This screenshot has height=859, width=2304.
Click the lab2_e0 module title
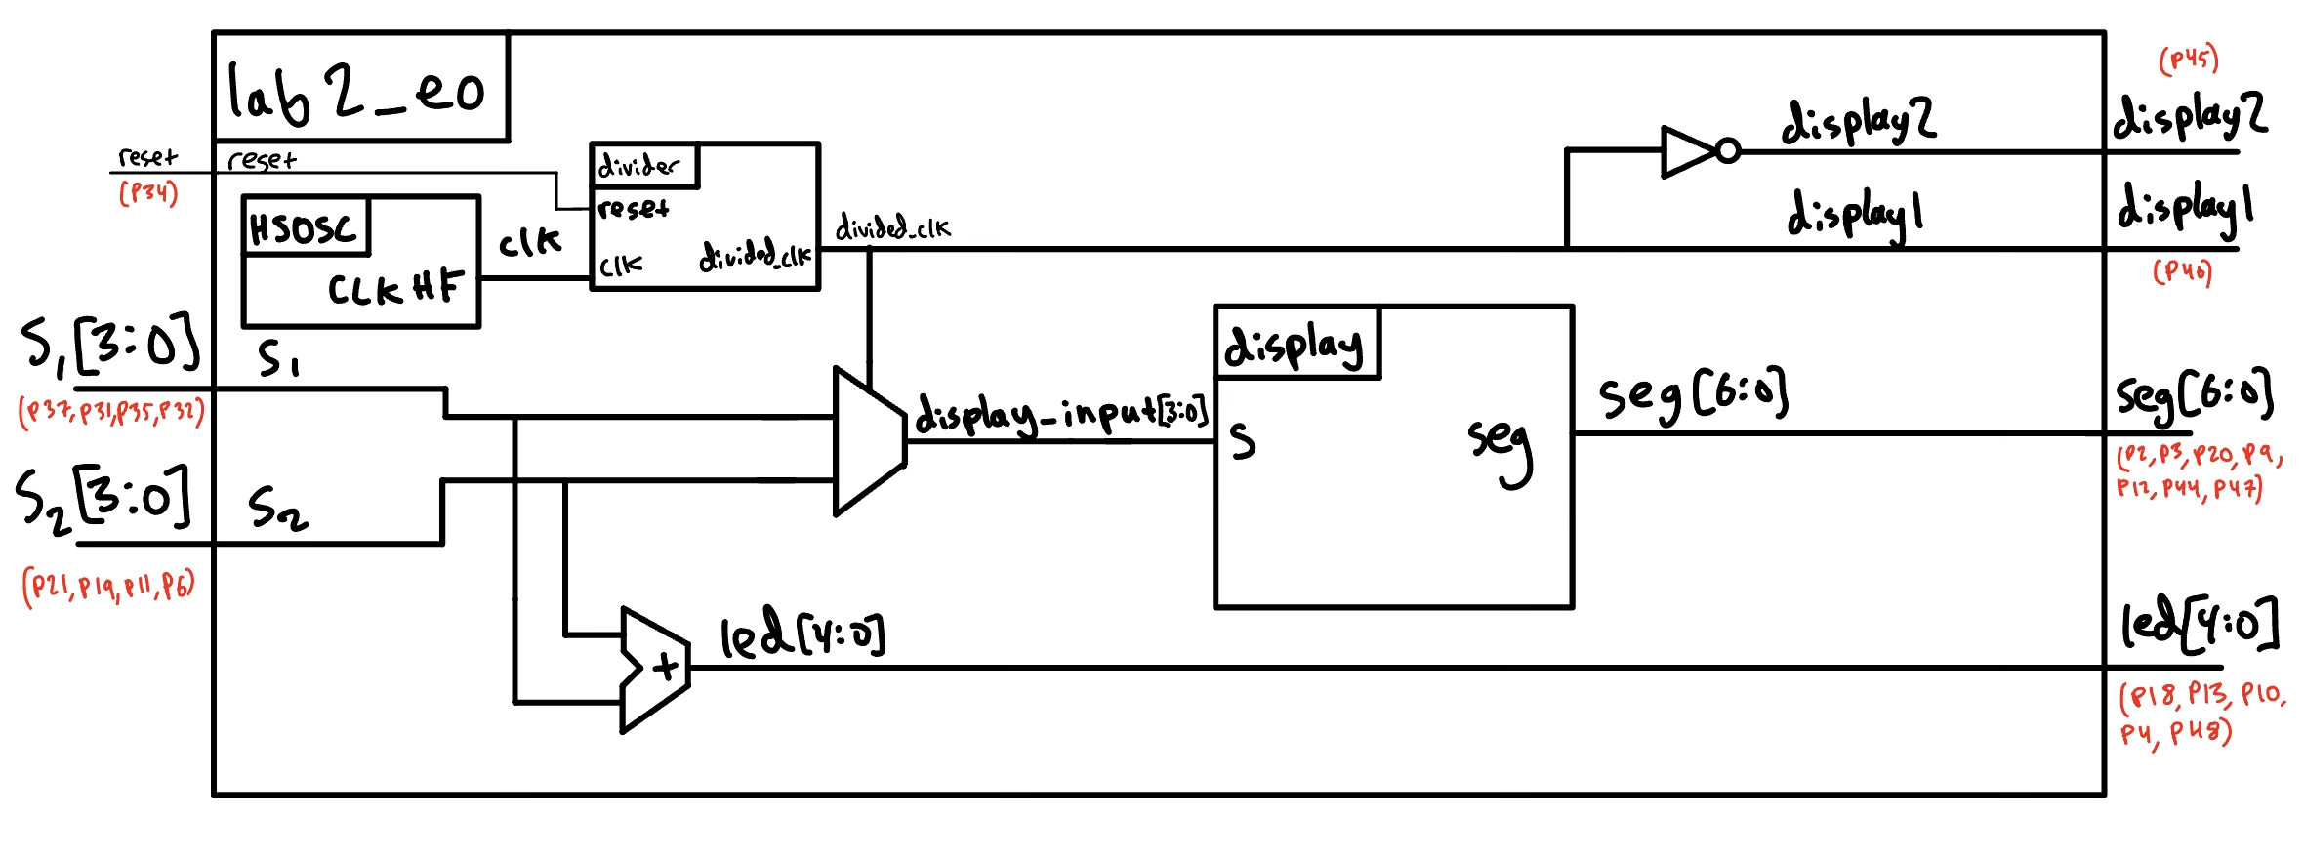point(356,90)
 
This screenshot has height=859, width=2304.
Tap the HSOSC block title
point(304,228)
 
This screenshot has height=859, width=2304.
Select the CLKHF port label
point(394,288)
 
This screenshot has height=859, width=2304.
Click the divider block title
point(638,166)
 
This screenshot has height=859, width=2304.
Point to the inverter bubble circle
point(1728,151)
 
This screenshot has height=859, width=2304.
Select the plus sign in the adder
point(666,668)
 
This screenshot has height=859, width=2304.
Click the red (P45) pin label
point(2189,60)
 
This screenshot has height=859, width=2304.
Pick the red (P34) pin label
point(148,192)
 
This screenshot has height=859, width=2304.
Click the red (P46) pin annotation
point(2183,271)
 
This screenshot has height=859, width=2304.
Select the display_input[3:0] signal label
point(1062,414)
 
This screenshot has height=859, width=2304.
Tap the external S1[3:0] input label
point(110,344)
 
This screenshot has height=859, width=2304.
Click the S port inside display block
point(1242,441)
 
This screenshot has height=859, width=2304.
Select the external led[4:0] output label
point(2201,625)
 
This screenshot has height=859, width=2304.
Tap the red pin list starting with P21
point(108,586)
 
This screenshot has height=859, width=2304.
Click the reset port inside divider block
point(633,208)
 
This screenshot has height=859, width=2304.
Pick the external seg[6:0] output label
point(2194,396)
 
